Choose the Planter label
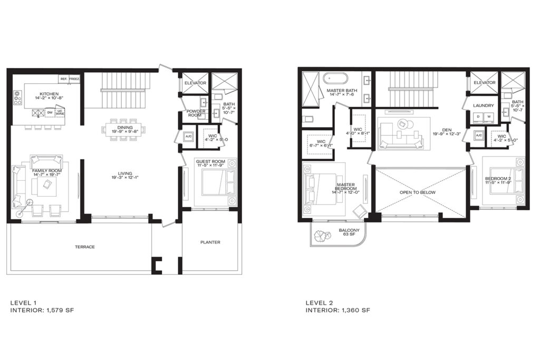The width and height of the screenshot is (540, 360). click(x=209, y=242)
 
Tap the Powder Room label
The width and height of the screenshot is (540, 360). click(x=196, y=113)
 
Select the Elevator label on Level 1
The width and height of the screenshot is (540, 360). click(x=195, y=83)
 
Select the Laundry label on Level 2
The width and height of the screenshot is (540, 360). click(x=483, y=105)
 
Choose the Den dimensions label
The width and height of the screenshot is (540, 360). click(x=447, y=133)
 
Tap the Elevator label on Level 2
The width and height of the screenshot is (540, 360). click(x=484, y=83)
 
